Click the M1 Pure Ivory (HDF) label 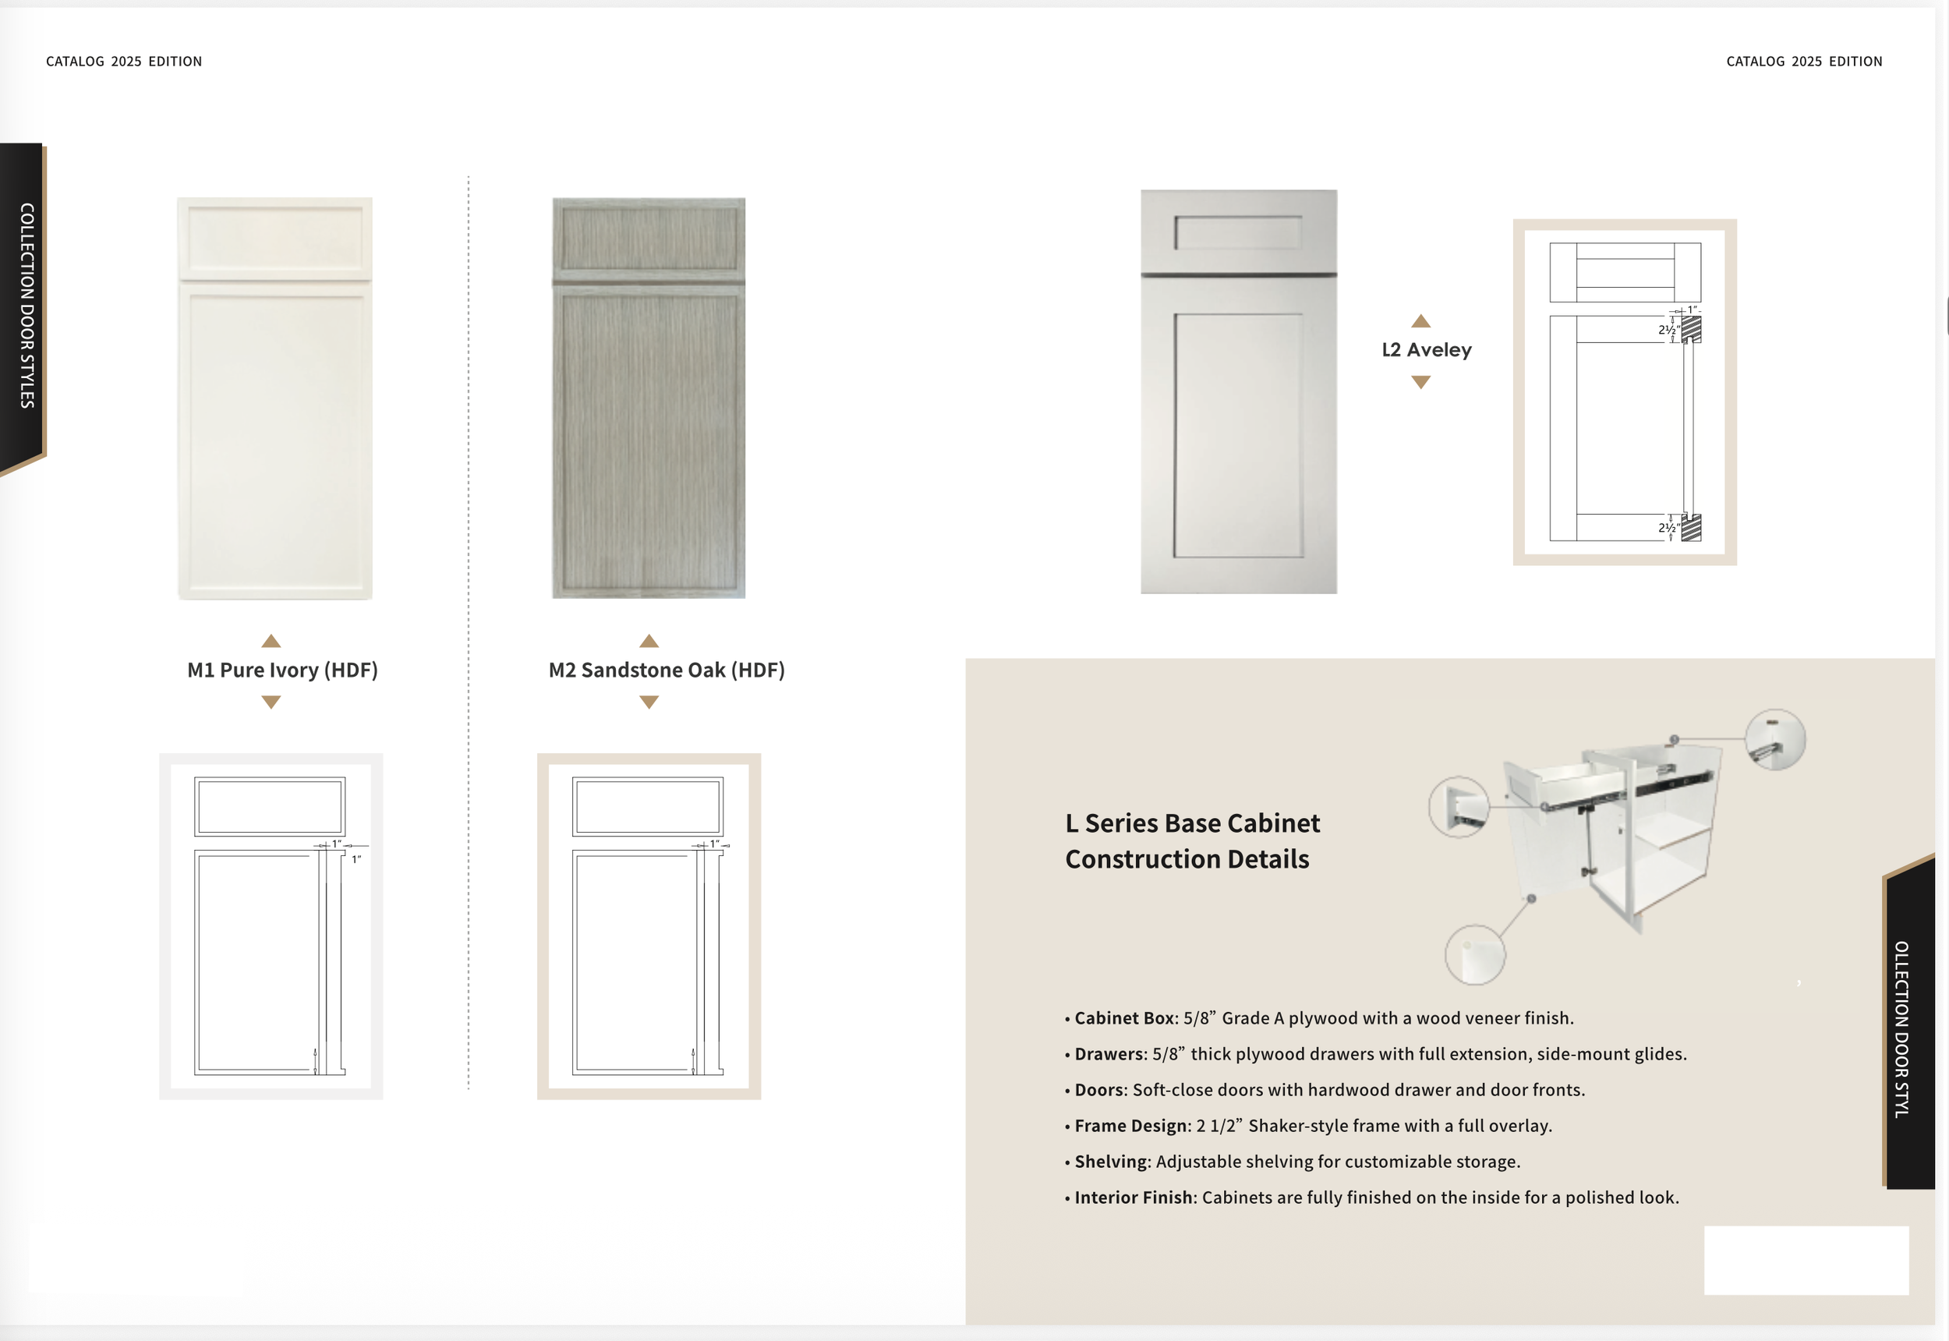(282, 670)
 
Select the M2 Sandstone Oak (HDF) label (667, 670)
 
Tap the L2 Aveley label (1427, 349)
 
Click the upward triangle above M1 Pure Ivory (271, 641)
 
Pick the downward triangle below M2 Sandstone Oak (649, 702)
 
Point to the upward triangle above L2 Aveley (1420, 321)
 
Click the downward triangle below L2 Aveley (1420, 382)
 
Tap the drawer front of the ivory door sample (274, 239)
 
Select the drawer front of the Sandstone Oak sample (649, 239)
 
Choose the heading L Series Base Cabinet (1192, 823)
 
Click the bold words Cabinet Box (1124, 1018)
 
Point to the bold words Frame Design (1130, 1126)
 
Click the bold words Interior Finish (1134, 1198)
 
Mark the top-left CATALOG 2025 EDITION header (123, 62)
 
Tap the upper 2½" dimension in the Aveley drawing (1668, 329)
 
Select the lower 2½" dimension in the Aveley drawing (1668, 528)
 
